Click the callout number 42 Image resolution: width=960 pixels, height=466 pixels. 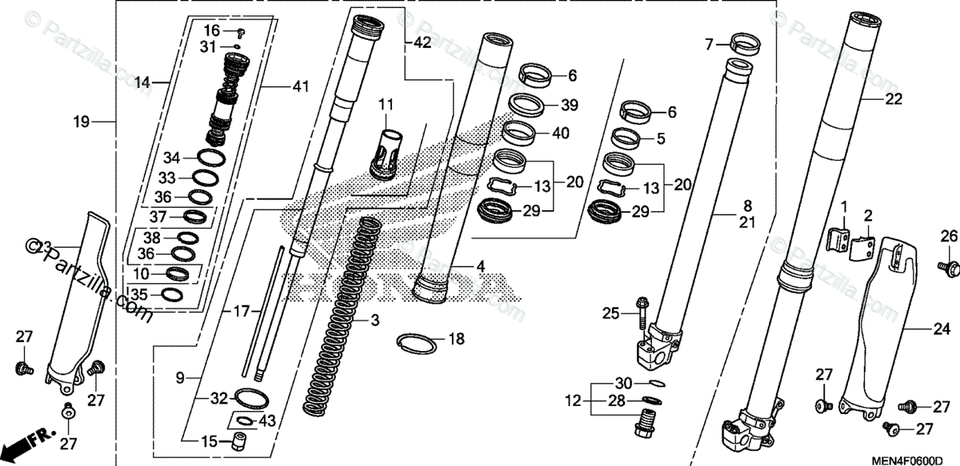pos(422,43)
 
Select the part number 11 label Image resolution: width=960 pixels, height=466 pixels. pos(387,104)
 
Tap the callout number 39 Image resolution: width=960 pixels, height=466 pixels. pos(569,105)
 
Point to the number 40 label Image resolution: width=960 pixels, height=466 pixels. pos(561,133)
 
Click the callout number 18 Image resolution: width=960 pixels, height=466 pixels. pos(456,340)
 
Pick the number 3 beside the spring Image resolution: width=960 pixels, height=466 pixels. pos(373,321)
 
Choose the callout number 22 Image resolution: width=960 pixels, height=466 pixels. pos(894,99)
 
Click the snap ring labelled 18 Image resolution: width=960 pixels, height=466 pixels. pos(416,344)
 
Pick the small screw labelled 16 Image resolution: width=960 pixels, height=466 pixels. pos(240,32)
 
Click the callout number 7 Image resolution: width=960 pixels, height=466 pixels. pos(708,45)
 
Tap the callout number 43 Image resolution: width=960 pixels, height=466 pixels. pos(268,421)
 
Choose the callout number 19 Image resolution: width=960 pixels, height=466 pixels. pos(80,122)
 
